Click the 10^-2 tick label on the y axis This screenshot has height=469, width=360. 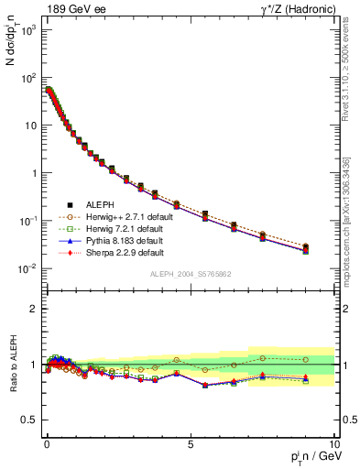click(x=28, y=268)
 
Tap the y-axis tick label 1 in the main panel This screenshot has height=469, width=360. click(x=35, y=173)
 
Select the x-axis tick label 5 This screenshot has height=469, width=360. click(x=190, y=444)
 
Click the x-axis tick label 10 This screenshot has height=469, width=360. click(x=333, y=444)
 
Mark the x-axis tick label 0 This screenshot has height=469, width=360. click(x=47, y=444)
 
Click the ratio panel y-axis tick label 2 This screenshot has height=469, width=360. click(x=35, y=309)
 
